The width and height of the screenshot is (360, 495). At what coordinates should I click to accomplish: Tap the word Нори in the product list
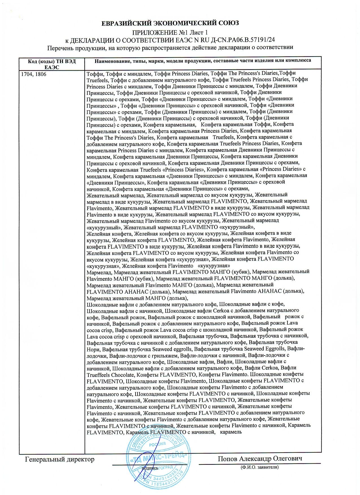[x=93, y=349]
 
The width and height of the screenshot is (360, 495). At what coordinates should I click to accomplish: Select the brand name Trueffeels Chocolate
[x=110, y=375]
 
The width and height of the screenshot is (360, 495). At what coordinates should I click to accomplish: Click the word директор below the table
[x=81, y=459]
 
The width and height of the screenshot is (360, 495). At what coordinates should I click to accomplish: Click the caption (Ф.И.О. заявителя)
[x=259, y=467]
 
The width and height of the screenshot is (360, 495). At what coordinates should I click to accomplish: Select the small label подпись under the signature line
[x=150, y=468]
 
